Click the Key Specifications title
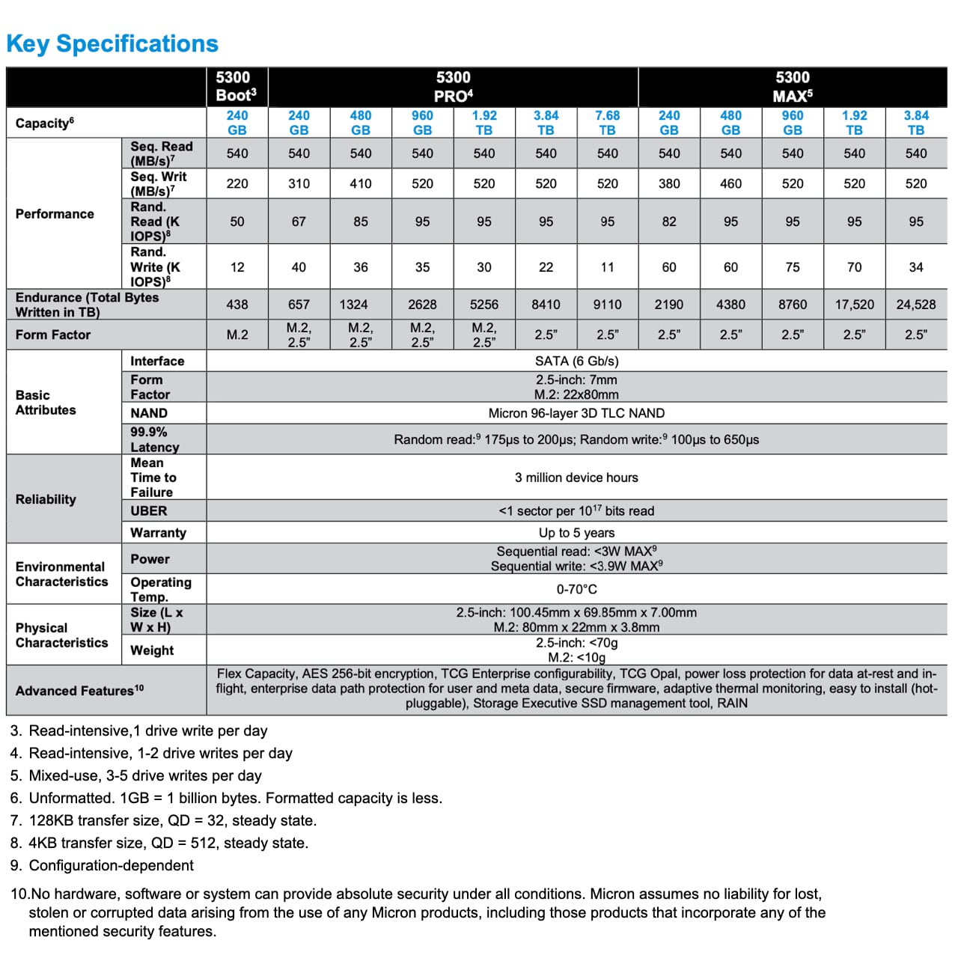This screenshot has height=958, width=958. (x=112, y=44)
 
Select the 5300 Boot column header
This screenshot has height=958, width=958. (x=237, y=86)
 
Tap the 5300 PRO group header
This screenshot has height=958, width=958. (x=453, y=86)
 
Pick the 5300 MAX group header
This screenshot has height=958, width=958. (x=793, y=86)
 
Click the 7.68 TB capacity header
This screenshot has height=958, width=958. (x=607, y=123)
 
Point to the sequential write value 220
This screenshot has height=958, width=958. (x=237, y=183)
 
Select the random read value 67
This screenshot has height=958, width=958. (x=299, y=222)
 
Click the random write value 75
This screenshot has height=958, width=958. (x=793, y=267)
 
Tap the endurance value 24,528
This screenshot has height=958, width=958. (x=915, y=305)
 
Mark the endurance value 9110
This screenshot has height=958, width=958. (x=607, y=305)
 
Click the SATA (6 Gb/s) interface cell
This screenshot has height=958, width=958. (x=576, y=361)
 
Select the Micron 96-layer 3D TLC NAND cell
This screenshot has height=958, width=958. (x=576, y=413)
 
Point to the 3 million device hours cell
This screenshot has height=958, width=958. (x=576, y=478)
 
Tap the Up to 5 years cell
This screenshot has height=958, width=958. (x=576, y=533)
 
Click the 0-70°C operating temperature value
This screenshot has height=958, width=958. (x=576, y=590)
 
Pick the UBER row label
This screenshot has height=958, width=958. (x=149, y=511)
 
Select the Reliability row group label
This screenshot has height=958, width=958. (x=46, y=499)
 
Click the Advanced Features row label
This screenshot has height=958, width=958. (x=79, y=690)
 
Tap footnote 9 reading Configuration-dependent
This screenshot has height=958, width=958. (x=111, y=865)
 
